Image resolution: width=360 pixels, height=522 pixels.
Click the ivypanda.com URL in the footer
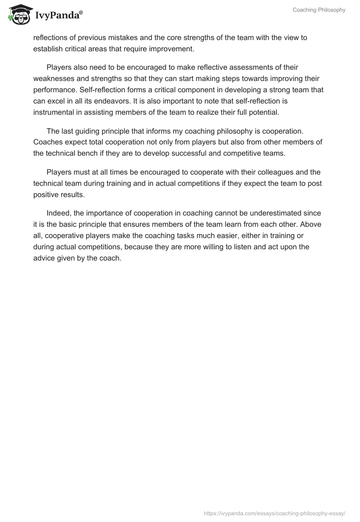pyautogui.click(x=274, y=513)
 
